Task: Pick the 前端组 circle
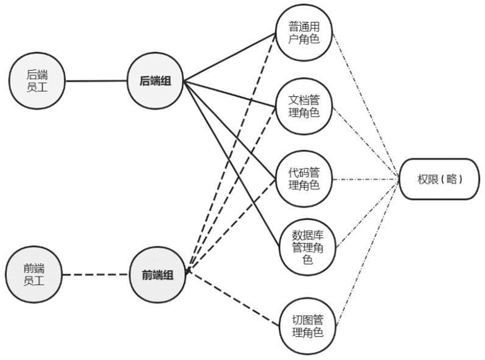(157, 274)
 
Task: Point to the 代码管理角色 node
(304, 179)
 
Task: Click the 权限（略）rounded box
(438, 179)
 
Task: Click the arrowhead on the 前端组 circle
(187, 272)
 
